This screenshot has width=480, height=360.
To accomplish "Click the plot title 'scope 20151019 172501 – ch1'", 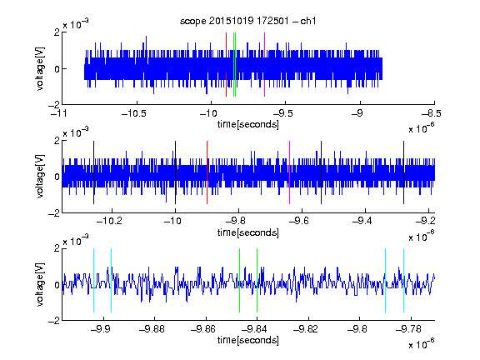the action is pos(247,21).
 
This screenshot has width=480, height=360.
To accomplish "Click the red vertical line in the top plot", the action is pos(226,65).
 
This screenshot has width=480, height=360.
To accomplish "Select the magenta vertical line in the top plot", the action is pos(264,65).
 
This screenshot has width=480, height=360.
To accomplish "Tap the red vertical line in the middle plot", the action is pos(207,172).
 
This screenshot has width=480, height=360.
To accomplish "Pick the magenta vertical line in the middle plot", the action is pos(290,172).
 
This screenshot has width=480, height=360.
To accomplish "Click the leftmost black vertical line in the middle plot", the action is pos(93,172).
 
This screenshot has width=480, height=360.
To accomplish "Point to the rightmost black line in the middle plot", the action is pos(404,172).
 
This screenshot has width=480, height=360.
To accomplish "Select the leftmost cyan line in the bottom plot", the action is pos(93,280).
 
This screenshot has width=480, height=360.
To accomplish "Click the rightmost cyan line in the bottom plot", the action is pos(404,280).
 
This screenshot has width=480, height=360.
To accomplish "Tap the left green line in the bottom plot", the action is pos(239,280).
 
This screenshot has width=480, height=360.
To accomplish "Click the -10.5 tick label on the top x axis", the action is pos(134,113).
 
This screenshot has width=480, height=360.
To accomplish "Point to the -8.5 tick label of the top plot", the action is pos(432,113).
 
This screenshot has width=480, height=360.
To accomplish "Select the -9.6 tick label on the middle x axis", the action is pos(299,221).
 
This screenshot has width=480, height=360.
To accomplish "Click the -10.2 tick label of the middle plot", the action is pos(109,221).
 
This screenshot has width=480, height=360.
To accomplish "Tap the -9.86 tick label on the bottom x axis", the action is pos(203,329).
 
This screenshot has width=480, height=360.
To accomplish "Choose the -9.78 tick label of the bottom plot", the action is pos(408,329).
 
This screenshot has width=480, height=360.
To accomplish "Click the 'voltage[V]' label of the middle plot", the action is pos(40,177).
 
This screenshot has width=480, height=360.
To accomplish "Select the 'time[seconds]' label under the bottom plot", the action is pos(248,340).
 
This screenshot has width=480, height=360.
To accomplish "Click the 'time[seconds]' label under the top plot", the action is pos(248,124).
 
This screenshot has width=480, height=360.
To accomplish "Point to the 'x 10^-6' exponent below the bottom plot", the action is pos(422,344).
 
